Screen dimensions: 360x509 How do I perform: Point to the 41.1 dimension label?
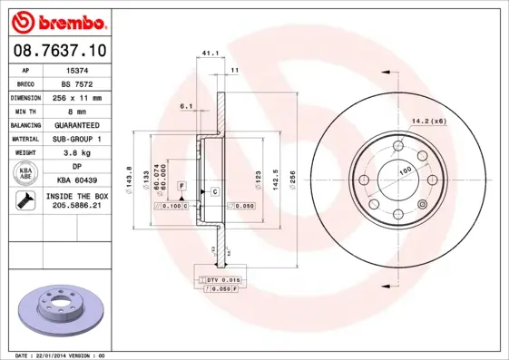209,53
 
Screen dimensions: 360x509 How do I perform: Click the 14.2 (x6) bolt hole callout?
429,121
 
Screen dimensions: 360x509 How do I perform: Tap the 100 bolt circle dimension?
405,170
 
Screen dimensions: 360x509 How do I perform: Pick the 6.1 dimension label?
187,107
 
